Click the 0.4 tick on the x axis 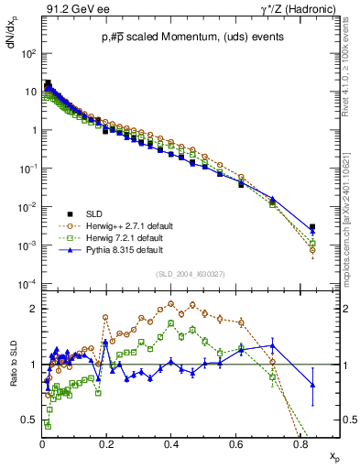pyautogui.click(x=171, y=441)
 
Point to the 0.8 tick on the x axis pyautogui.click(x=300, y=441)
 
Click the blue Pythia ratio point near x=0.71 pyautogui.click(x=272, y=345)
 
